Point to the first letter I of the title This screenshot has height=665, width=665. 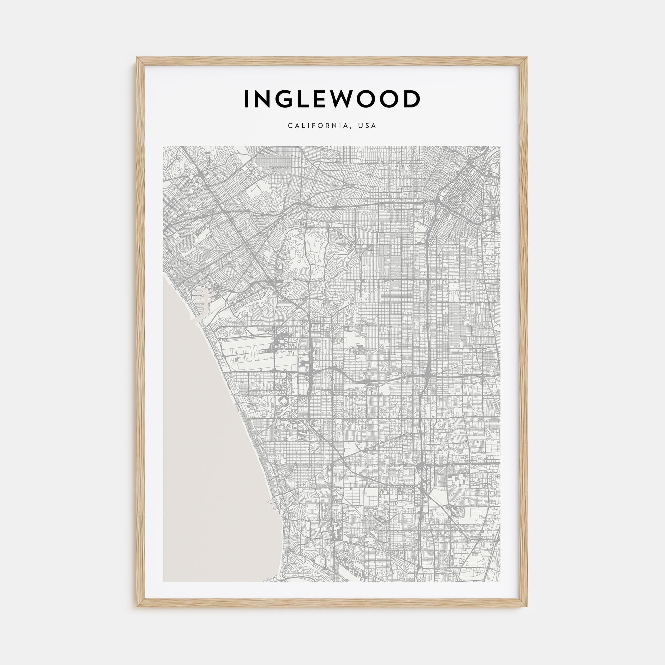click(246, 99)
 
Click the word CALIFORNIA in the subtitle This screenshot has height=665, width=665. click(319, 126)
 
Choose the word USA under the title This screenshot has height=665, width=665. click(367, 126)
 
